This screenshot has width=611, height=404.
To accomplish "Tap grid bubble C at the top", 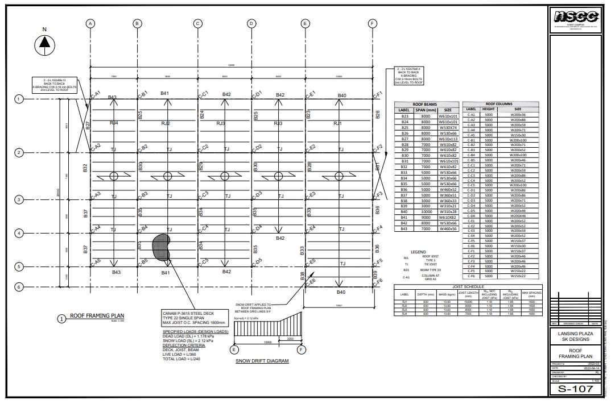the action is [197, 23].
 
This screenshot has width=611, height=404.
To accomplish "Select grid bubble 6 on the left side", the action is [19, 287].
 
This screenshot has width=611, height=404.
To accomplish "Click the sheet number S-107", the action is [576, 389].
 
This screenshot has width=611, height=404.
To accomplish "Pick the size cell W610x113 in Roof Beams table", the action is [448, 138].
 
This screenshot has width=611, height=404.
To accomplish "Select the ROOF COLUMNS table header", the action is [501, 104].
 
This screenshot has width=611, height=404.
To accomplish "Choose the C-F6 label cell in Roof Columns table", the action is [471, 276].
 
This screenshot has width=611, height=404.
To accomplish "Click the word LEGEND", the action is [418, 252].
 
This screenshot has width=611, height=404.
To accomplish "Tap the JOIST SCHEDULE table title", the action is [468, 287].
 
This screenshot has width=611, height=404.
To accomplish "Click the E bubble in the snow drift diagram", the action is [233, 349].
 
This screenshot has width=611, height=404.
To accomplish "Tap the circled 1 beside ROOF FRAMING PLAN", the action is [61, 318].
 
